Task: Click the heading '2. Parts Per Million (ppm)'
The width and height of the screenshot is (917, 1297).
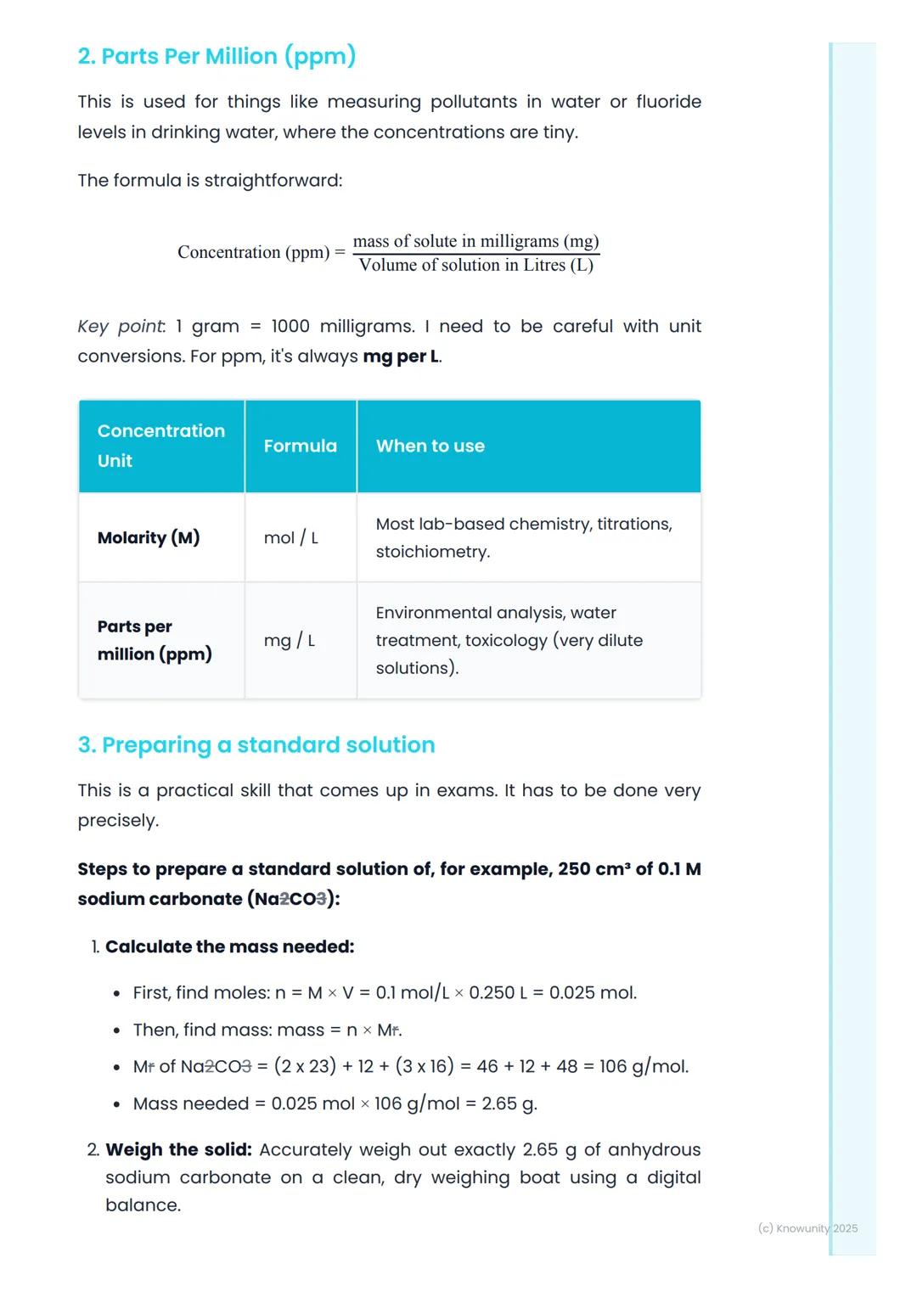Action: [217, 57]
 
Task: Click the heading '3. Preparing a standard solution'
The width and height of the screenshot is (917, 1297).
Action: [256, 745]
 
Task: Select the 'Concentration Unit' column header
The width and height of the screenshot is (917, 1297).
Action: [160, 446]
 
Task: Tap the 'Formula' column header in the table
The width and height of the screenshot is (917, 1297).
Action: [300, 446]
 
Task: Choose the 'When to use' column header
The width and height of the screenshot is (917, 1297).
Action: [430, 446]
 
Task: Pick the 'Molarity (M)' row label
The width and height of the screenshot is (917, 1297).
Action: [149, 538]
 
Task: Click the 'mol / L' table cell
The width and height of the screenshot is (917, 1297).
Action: [290, 538]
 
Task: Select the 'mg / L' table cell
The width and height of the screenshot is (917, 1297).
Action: [289, 641]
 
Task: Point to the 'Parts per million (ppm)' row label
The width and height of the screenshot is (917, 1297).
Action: [154, 641]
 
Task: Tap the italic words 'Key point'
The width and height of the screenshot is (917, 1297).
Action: [121, 327]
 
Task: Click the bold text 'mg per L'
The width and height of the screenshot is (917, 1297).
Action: [401, 357]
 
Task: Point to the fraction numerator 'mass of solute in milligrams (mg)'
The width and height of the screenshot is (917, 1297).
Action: [475, 241]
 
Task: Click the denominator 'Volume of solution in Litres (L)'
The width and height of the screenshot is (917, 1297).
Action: [475, 266]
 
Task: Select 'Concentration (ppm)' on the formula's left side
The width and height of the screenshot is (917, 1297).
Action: [253, 253]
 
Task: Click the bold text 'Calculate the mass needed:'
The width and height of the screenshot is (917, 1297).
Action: [229, 947]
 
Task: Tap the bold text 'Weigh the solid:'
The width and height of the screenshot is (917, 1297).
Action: [178, 1150]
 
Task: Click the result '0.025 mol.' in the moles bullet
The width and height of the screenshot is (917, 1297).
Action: [593, 993]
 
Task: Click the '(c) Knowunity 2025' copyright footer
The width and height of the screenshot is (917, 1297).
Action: [807, 1228]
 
